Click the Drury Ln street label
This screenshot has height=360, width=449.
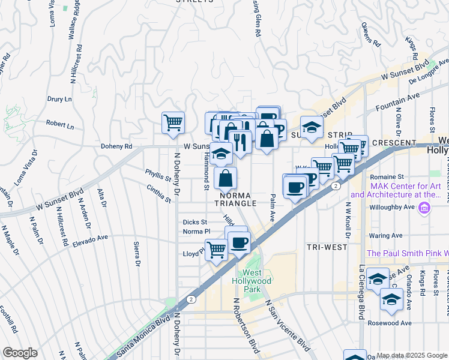tap(59, 99)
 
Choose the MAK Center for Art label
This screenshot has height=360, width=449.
tap(396, 190)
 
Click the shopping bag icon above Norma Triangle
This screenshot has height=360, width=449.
tap(225, 178)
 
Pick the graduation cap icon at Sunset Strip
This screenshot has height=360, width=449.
tap(311, 127)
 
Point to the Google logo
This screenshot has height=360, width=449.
tap(20, 353)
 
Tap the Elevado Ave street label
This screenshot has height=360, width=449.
tap(88, 239)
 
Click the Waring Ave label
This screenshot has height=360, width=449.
tap(385, 236)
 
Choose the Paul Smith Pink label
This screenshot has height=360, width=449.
tap(407, 254)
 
